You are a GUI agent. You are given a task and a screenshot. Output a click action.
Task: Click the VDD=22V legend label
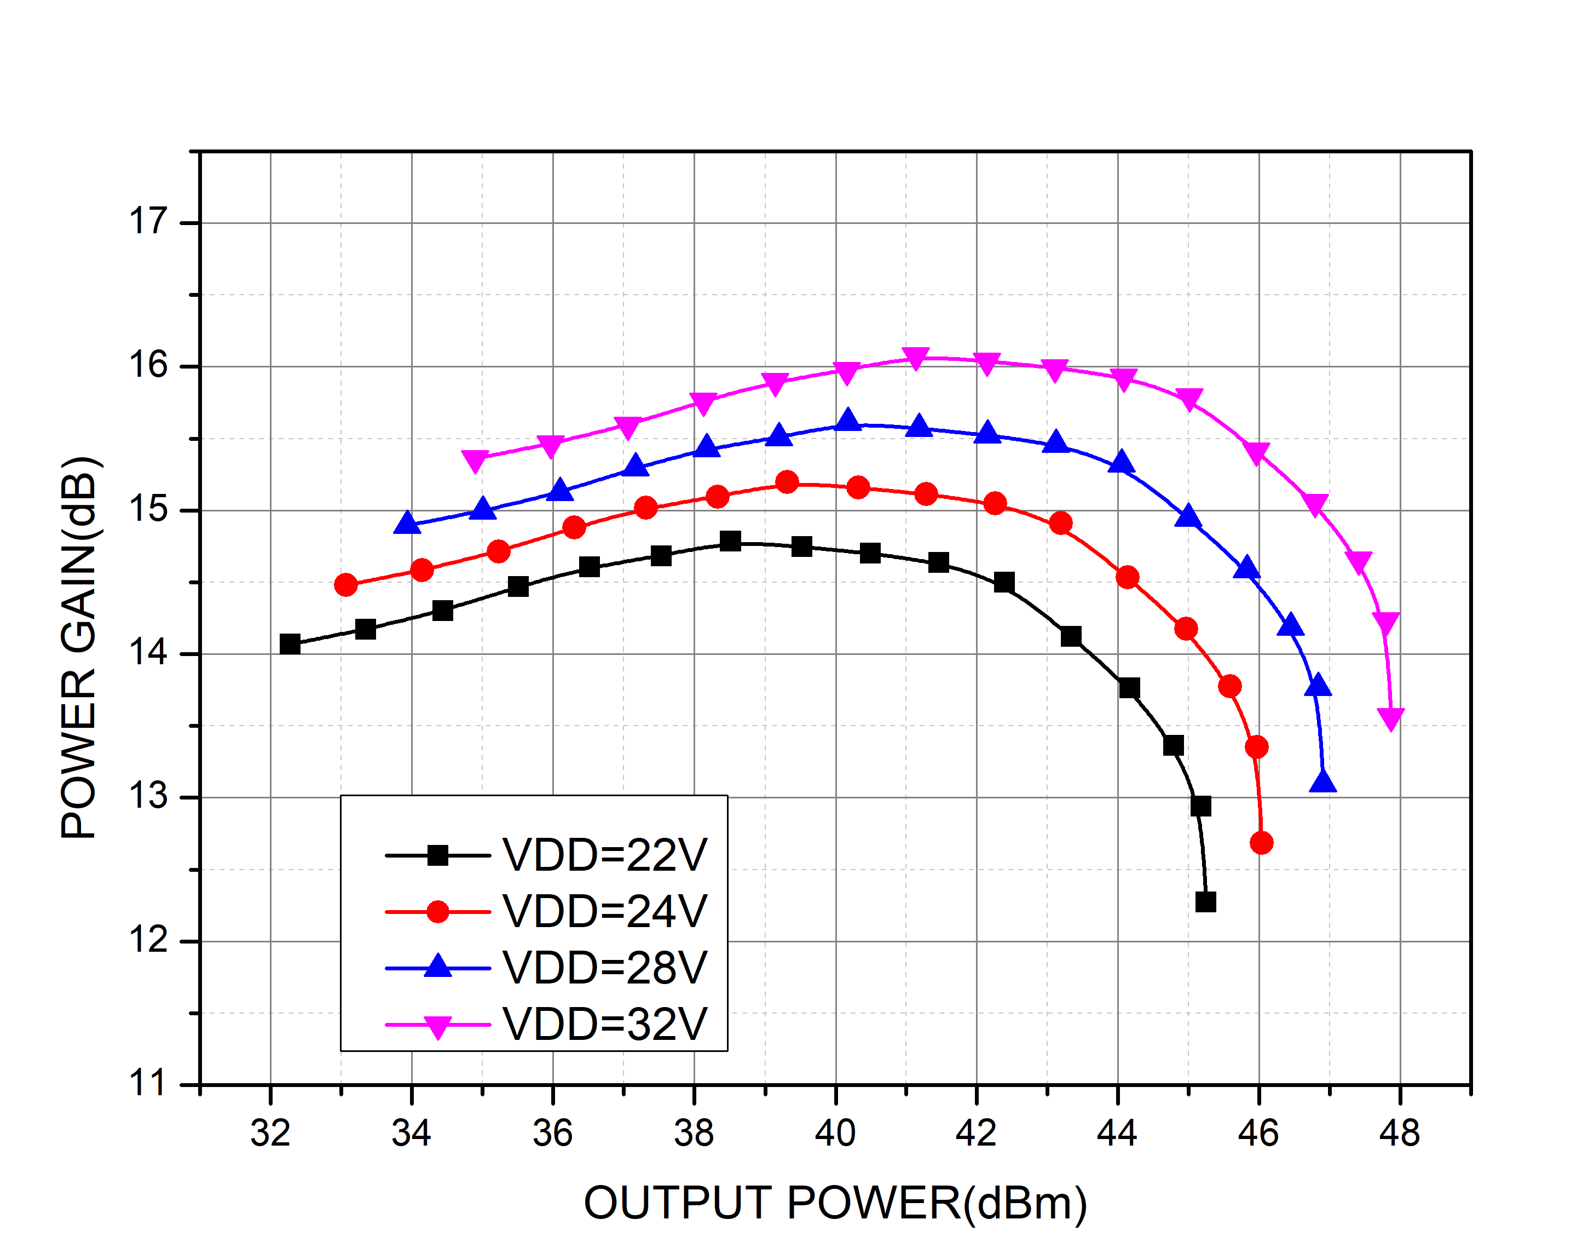[x=604, y=855]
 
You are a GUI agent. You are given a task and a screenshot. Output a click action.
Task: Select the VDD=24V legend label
[x=604, y=911]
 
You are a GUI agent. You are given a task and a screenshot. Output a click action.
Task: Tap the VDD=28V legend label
[x=604, y=968]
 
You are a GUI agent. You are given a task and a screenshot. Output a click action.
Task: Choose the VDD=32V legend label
[x=604, y=1024]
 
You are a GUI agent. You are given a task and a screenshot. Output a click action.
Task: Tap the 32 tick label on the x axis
[x=270, y=1134]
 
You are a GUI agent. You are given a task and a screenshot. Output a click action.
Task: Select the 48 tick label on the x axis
[x=1399, y=1134]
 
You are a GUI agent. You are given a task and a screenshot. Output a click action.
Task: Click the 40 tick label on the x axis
[x=835, y=1134]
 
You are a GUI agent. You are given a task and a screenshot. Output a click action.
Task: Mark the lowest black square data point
[x=1206, y=902]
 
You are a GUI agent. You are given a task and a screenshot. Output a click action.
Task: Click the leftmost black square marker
[x=290, y=643]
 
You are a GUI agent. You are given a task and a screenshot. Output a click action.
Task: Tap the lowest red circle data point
[x=1261, y=843]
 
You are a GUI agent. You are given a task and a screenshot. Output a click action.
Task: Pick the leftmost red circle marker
[x=346, y=585]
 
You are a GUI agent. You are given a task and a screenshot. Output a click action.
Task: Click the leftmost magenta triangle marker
[x=475, y=460]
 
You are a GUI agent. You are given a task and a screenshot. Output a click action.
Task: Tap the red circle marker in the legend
[x=437, y=911]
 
